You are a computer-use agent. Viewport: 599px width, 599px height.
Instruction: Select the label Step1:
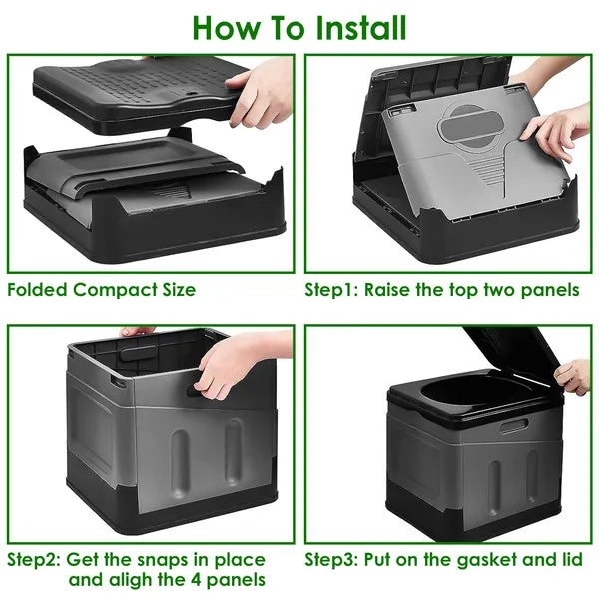coord(332,290)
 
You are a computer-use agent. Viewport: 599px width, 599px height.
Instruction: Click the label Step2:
coord(36,559)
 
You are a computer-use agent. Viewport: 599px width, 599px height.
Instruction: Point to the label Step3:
coord(333,559)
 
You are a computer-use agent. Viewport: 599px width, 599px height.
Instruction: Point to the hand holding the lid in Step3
coord(574,376)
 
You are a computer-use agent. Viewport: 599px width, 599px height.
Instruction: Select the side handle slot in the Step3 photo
coord(513,426)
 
